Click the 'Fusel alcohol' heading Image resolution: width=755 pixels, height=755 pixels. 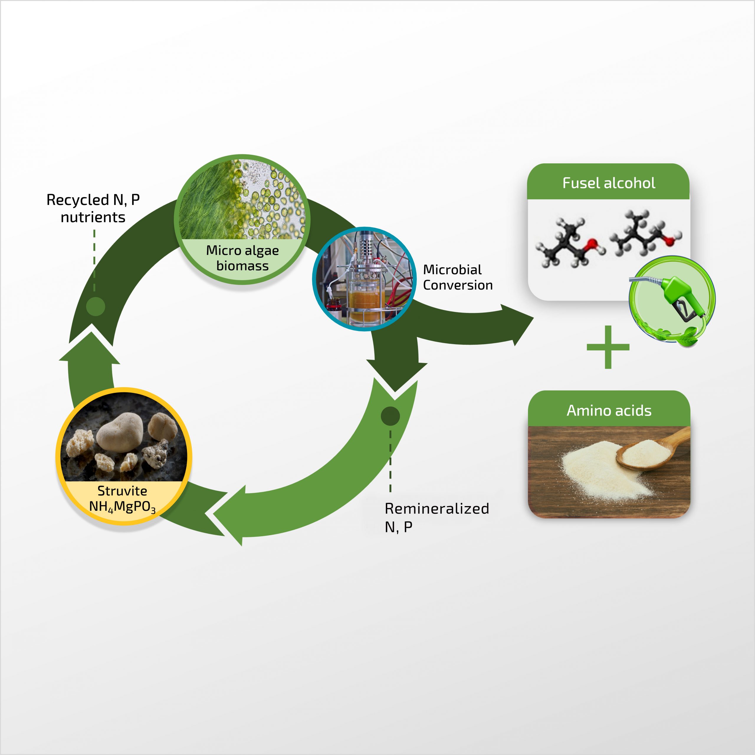pos(608,183)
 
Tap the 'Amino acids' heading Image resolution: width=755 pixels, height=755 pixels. pos(609,410)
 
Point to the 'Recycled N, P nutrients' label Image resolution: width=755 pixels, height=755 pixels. pos(93,208)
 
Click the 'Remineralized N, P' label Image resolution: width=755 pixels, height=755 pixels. pos(436,517)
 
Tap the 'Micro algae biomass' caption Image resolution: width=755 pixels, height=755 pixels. pos(242,258)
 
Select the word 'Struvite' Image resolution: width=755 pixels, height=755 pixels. pos(122,490)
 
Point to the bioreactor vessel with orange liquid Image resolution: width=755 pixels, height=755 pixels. pos(363,299)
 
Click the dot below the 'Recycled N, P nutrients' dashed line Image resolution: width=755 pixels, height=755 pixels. pos(95,306)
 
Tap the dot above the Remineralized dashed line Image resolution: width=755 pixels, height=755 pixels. pos(390,416)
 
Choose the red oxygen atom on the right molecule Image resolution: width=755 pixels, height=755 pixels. pos(670,240)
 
